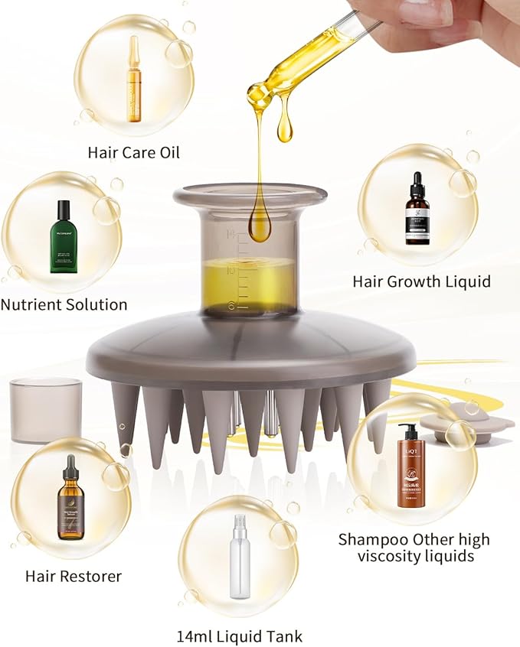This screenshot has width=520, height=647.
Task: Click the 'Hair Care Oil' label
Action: point(133,152)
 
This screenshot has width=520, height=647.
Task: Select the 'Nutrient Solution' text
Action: point(64,304)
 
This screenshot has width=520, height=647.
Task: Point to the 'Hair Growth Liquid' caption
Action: point(421,281)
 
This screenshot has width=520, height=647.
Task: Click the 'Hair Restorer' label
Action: point(74,576)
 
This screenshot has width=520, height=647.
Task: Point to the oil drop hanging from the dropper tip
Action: point(285,126)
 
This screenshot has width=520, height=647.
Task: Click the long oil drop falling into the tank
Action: point(260,214)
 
